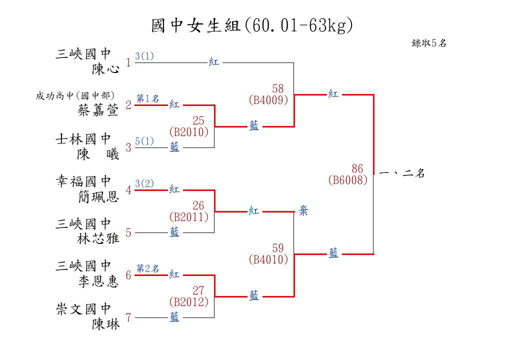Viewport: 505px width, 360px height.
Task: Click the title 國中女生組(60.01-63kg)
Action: click(x=252, y=25)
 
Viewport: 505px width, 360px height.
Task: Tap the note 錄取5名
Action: click(x=429, y=43)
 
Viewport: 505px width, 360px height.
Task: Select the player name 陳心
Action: click(x=105, y=69)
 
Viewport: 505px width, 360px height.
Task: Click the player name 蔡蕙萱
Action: click(x=98, y=110)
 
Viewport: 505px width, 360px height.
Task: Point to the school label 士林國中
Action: click(x=83, y=139)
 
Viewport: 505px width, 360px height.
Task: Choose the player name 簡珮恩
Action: click(x=98, y=196)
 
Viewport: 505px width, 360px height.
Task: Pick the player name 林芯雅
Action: click(x=98, y=238)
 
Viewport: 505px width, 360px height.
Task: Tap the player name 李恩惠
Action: click(x=98, y=281)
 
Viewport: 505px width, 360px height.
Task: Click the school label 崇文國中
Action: click(x=83, y=309)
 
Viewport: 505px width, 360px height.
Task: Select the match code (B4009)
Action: click(x=268, y=100)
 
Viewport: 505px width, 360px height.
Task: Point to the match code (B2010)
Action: click(x=188, y=132)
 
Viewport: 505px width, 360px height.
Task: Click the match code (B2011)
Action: click(x=188, y=217)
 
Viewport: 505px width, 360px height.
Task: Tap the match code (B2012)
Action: click(x=188, y=302)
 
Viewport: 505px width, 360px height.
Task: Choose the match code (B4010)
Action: click(x=268, y=259)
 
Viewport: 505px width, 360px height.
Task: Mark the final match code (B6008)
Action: click(x=348, y=180)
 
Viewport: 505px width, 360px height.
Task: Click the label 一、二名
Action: click(x=402, y=173)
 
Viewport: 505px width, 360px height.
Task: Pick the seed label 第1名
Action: click(x=148, y=98)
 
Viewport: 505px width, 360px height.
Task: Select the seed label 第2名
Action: click(x=148, y=268)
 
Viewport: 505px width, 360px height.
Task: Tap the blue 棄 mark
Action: click(x=303, y=211)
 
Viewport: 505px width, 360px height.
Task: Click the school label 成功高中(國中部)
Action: click(x=75, y=95)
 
